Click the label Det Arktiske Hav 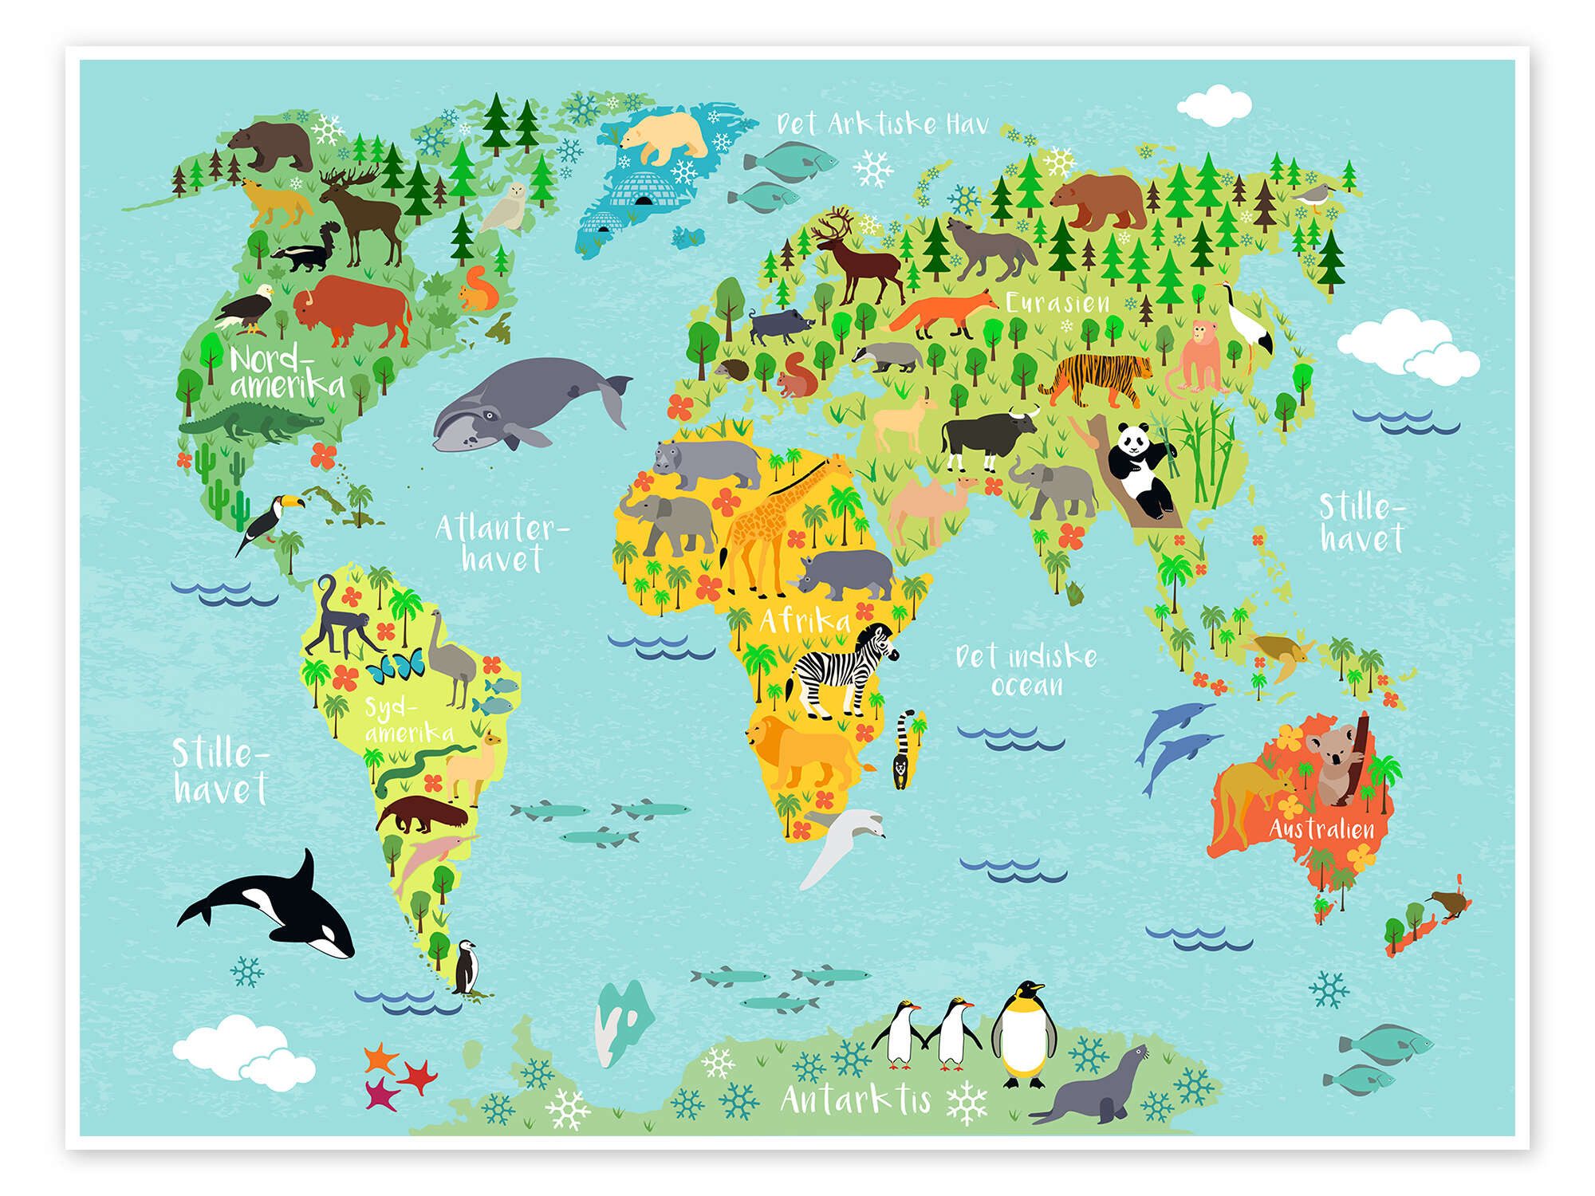coord(882,124)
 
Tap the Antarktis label coord(856,1100)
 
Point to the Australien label coord(1321,828)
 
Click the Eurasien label coord(1057,303)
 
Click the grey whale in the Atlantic coord(518,403)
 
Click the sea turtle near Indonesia coord(1280,654)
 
